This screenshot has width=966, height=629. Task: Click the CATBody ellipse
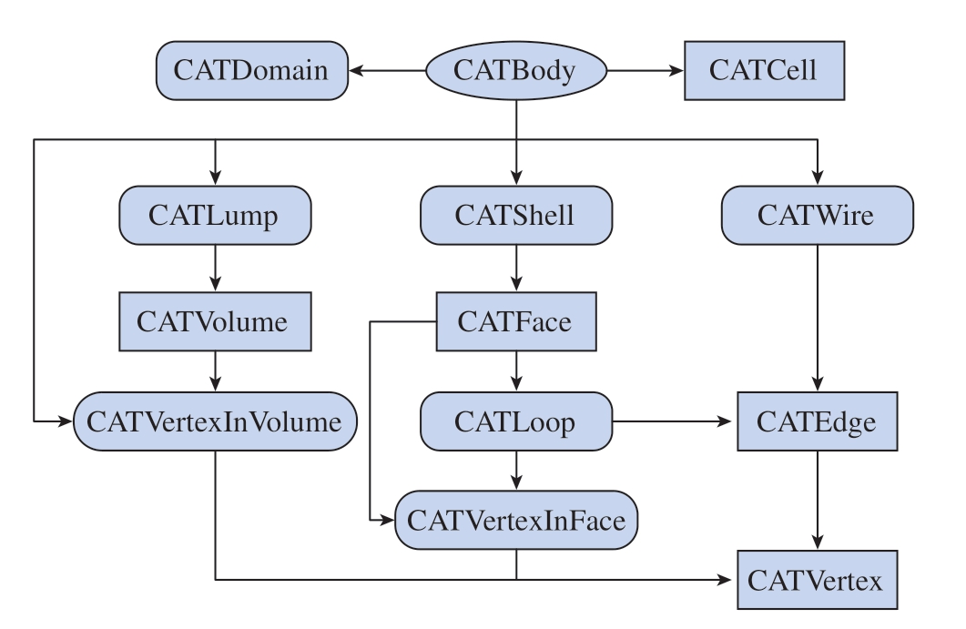pyautogui.click(x=516, y=70)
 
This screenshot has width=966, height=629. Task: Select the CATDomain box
pyautogui.click(x=252, y=70)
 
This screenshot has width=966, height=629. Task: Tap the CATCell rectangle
pyautogui.click(x=764, y=70)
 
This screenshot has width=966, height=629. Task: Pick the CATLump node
pyautogui.click(x=215, y=215)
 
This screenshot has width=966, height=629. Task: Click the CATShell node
pyautogui.click(x=516, y=215)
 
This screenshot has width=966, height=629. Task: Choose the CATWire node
pyautogui.click(x=817, y=215)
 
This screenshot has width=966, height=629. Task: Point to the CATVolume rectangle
pyautogui.click(x=215, y=321)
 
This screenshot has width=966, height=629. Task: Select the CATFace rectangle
pyautogui.click(x=516, y=321)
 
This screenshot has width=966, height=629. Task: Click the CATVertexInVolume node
pyautogui.click(x=215, y=421)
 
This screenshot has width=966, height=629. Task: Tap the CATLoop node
pyautogui.click(x=516, y=421)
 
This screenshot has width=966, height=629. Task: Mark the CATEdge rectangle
pyautogui.click(x=817, y=421)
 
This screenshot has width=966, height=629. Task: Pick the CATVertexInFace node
pyautogui.click(x=516, y=520)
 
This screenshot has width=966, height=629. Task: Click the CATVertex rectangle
pyautogui.click(x=817, y=580)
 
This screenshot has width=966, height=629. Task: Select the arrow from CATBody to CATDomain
pyautogui.click(x=387, y=70)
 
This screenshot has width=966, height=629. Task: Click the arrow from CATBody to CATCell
pyautogui.click(x=646, y=70)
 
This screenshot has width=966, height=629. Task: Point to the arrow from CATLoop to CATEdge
pyautogui.click(x=672, y=421)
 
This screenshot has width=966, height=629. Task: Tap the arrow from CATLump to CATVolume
pyautogui.click(x=215, y=268)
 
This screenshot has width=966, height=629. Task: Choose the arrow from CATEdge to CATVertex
pyautogui.click(x=817, y=501)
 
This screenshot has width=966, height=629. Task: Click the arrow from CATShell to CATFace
pyautogui.click(x=516, y=268)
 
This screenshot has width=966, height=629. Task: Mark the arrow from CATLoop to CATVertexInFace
pyautogui.click(x=516, y=471)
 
